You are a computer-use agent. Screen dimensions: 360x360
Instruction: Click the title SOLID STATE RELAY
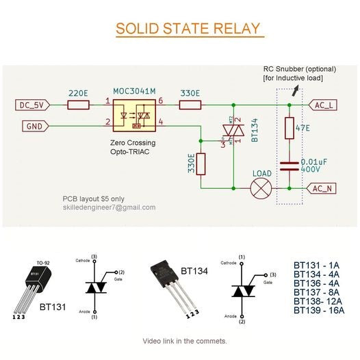coord(188,29)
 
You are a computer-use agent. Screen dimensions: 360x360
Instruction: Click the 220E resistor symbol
coord(78,105)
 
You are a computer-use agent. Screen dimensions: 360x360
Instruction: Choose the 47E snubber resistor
coord(290,128)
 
